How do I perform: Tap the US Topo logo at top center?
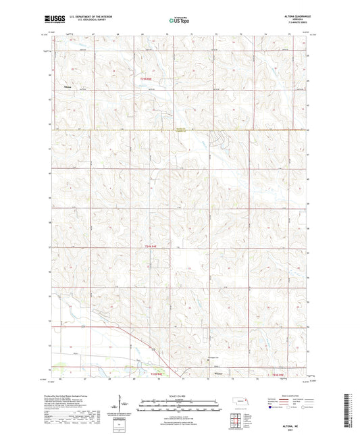point(178,20)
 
